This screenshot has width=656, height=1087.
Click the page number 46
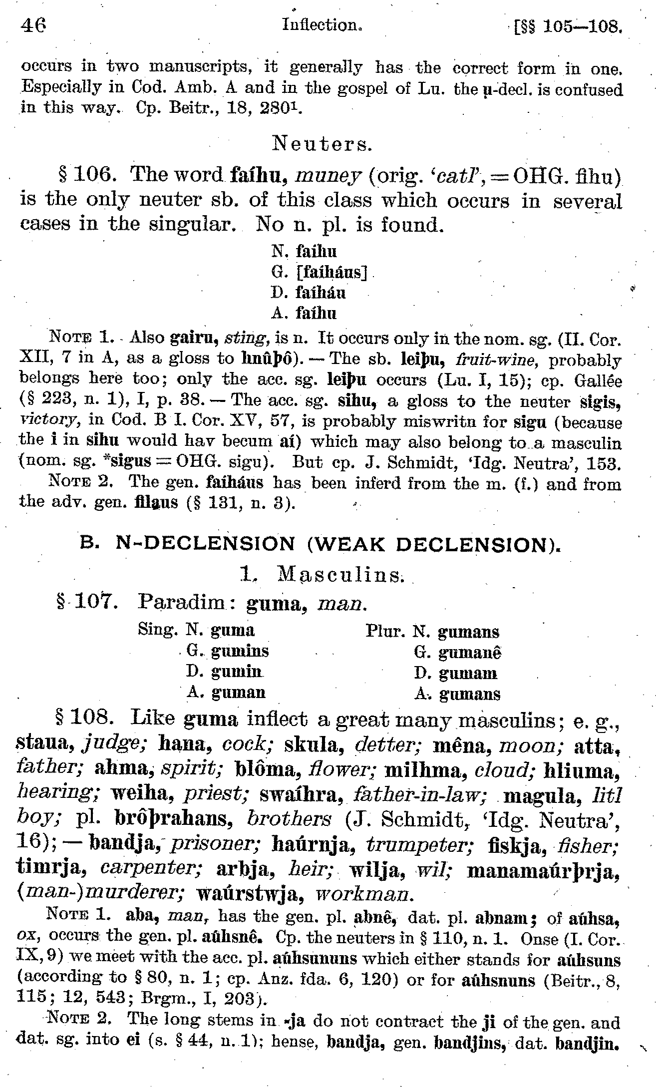[33, 24]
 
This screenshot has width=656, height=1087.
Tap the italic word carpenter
[151, 869]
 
